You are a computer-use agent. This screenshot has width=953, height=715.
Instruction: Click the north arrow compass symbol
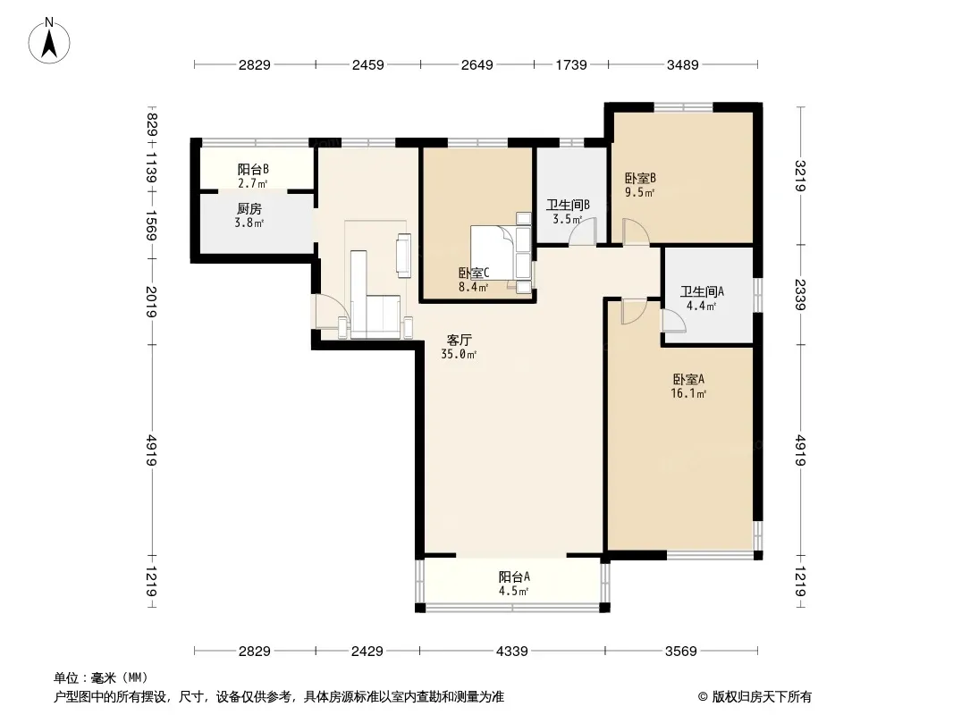click(x=49, y=41)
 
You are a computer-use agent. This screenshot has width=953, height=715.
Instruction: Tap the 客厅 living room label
click(x=459, y=341)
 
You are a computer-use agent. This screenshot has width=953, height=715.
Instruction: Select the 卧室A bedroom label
click(x=688, y=380)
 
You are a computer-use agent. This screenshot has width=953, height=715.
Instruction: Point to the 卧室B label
click(x=641, y=179)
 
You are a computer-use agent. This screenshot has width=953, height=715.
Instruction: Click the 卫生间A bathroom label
click(x=702, y=291)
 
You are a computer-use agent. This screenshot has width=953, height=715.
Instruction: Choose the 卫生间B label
click(x=568, y=206)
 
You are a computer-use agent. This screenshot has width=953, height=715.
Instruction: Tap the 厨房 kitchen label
click(x=249, y=209)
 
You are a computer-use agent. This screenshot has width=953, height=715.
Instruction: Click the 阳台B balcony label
click(x=253, y=170)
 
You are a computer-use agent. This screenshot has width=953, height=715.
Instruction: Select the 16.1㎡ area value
click(x=688, y=393)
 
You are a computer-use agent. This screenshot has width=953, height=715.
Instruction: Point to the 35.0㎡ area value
click(x=459, y=354)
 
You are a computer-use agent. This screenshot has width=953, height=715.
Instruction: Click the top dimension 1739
click(x=571, y=64)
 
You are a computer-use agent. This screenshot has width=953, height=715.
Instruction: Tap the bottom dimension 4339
click(x=511, y=652)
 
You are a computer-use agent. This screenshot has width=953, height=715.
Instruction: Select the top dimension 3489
click(x=682, y=64)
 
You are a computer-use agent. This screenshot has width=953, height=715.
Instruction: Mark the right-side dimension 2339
click(x=800, y=295)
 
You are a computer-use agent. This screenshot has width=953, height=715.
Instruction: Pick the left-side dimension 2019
click(x=151, y=301)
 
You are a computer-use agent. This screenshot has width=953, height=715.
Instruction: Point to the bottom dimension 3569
click(x=680, y=652)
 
